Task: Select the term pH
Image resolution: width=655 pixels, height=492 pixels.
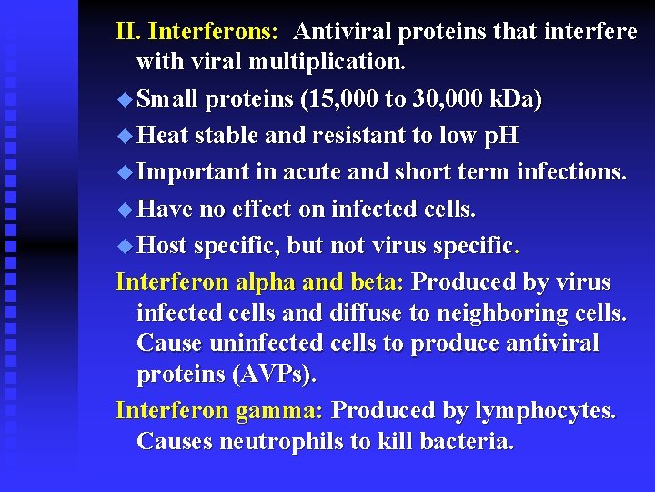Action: (500, 136)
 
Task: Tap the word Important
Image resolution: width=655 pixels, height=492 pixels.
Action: (193, 172)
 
